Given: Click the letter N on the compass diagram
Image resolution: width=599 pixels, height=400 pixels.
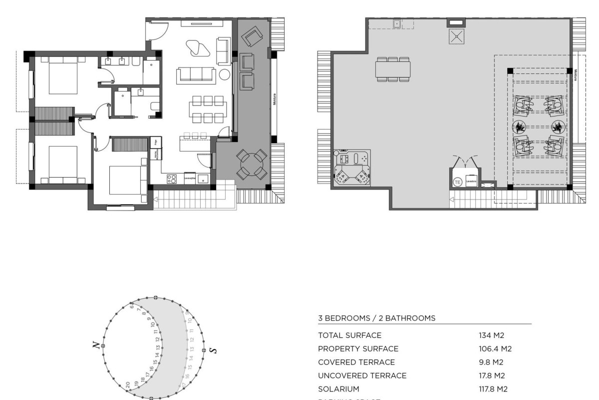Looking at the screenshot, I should pyautogui.click(x=94, y=345).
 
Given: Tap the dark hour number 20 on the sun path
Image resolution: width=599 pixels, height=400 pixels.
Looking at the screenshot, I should pyautogui.click(x=128, y=384).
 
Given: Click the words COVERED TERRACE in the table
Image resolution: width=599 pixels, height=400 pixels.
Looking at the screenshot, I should pyautogui.click(x=356, y=362).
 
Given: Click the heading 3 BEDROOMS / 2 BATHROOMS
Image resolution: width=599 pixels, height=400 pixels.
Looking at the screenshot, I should pyautogui.click(x=376, y=317).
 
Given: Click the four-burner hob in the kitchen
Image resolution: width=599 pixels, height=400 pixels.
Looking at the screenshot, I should pyautogui.click(x=172, y=178).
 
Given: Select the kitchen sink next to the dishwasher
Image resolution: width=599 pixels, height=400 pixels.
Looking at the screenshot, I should pyautogui.click(x=203, y=178).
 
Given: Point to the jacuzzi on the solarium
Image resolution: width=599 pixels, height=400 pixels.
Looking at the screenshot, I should pyautogui.click(x=353, y=167).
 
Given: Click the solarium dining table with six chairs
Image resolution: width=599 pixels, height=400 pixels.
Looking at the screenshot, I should pyautogui.click(x=393, y=68).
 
